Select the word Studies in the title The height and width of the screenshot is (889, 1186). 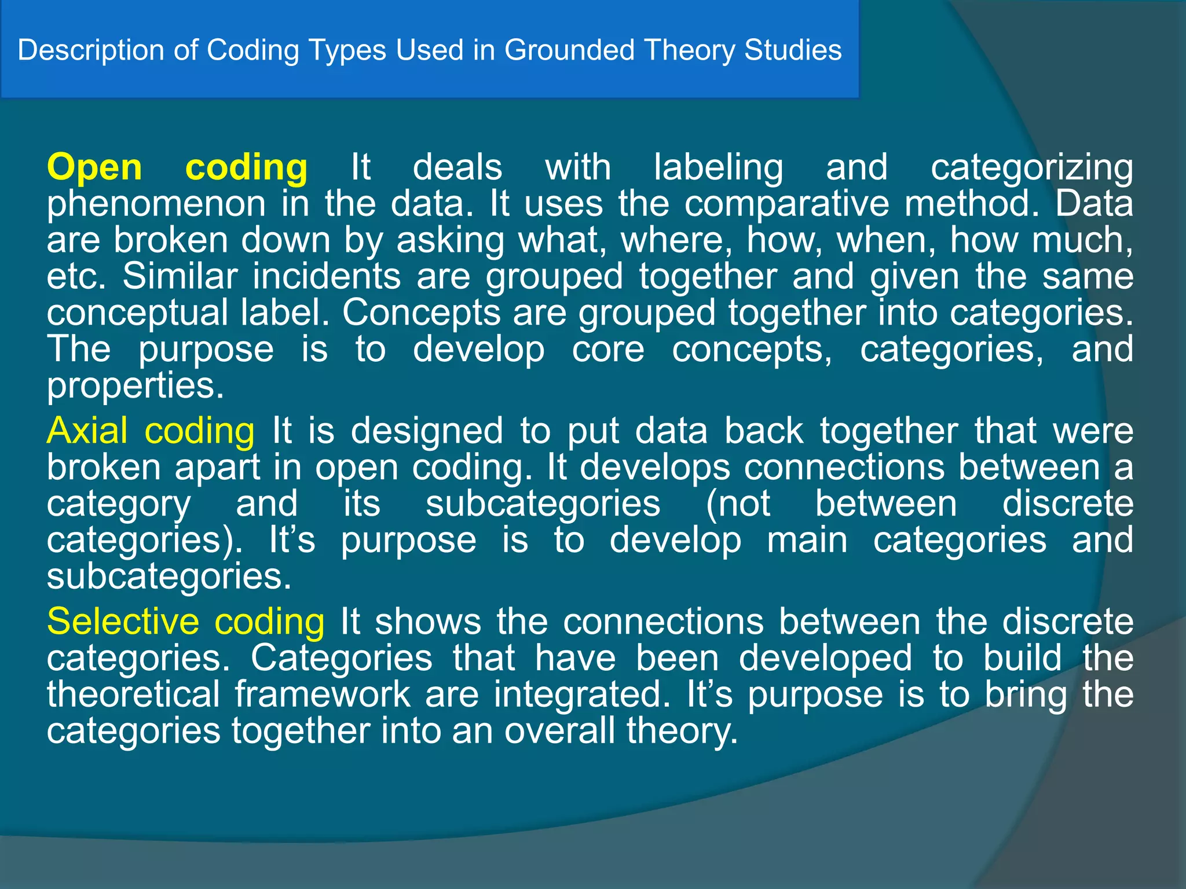click(793, 50)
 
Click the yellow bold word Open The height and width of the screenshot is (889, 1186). click(94, 168)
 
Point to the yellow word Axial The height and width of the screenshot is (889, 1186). click(87, 431)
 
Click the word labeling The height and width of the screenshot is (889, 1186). click(718, 168)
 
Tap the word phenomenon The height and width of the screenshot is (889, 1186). click(156, 204)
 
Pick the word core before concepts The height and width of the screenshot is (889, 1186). click(608, 350)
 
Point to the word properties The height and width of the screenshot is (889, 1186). click(134, 386)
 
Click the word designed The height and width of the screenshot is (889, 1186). click(427, 431)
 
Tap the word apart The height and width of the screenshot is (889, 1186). click(217, 468)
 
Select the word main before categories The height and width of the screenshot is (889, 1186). click(807, 540)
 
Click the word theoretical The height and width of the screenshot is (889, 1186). click(133, 695)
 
